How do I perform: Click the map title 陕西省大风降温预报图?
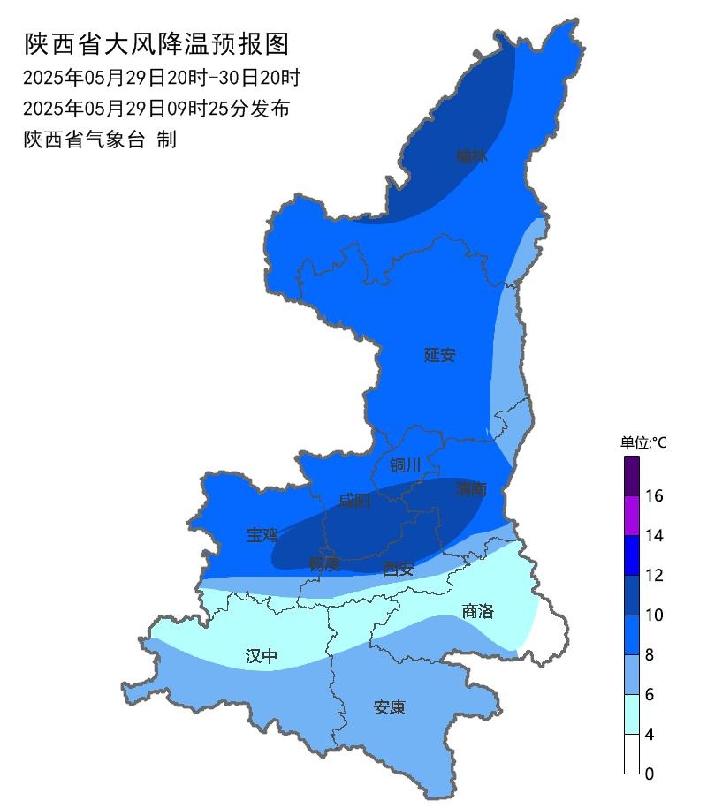pos(156,43)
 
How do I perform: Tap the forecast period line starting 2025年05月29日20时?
pos(162,78)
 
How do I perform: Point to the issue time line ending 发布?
pos(156,109)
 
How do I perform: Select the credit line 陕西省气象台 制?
pos(100,140)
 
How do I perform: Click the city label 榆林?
pos(471,157)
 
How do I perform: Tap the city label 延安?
pos(439,355)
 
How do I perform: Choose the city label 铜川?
pos(405,465)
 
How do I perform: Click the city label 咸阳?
pos(354,502)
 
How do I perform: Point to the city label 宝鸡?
pos(262,534)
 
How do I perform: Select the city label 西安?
pos(398,570)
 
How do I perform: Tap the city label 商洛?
pos(478,611)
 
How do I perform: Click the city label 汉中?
pos(261,656)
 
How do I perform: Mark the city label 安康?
pos(389,707)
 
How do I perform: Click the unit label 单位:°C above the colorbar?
pos(643,443)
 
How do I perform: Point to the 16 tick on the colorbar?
pos(655,496)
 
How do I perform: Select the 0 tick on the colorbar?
pos(650,774)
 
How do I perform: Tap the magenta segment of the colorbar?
pos(632,516)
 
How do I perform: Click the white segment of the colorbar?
pos(632,754)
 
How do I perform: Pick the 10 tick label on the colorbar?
pos(655,615)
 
